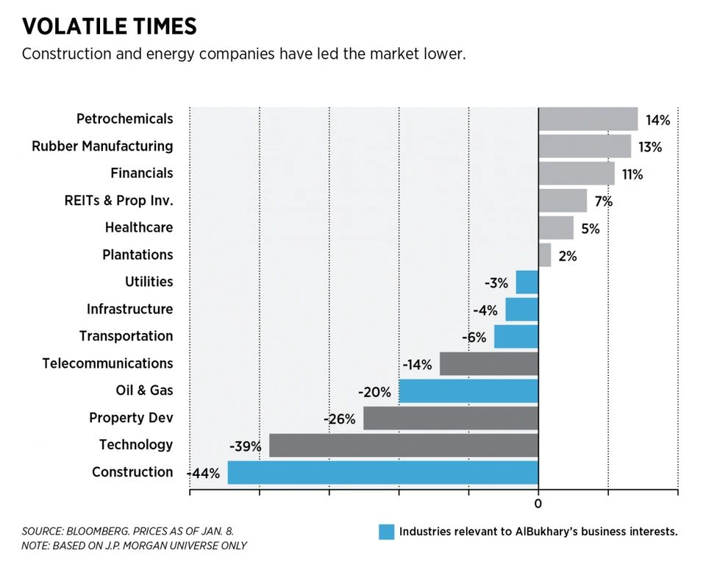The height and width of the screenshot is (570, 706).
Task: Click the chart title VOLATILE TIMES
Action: click(x=110, y=27)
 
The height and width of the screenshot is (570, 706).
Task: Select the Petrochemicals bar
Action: click(x=588, y=119)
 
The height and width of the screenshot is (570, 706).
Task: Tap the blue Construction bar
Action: click(x=382, y=472)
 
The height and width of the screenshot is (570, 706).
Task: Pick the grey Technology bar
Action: click(x=403, y=445)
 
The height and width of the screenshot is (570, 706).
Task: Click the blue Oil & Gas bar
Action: click(x=468, y=391)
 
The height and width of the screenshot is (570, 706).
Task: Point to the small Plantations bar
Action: click(x=544, y=255)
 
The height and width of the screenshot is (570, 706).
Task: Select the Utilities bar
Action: click(x=527, y=282)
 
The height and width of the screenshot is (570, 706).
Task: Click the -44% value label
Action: click(x=204, y=474)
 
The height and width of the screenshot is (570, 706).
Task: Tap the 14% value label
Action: click(x=657, y=120)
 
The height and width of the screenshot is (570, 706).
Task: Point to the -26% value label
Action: click(x=340, y=419)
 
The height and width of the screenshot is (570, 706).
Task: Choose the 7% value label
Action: click(x=603, y=202)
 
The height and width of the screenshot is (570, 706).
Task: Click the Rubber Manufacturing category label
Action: click(x=102, y=146)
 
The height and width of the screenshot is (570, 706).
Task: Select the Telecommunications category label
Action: click(x=107, y=363)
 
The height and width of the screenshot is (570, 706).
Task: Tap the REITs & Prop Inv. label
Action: click(x=119, y=201)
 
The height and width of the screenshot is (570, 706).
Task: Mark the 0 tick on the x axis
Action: click(x=538, y=504)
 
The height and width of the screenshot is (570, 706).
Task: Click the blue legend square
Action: click(x=386, y=532)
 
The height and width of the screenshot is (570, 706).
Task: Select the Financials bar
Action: click(x=576, y=174)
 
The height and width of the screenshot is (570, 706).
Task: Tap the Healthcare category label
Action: click(x=139, y=228)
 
